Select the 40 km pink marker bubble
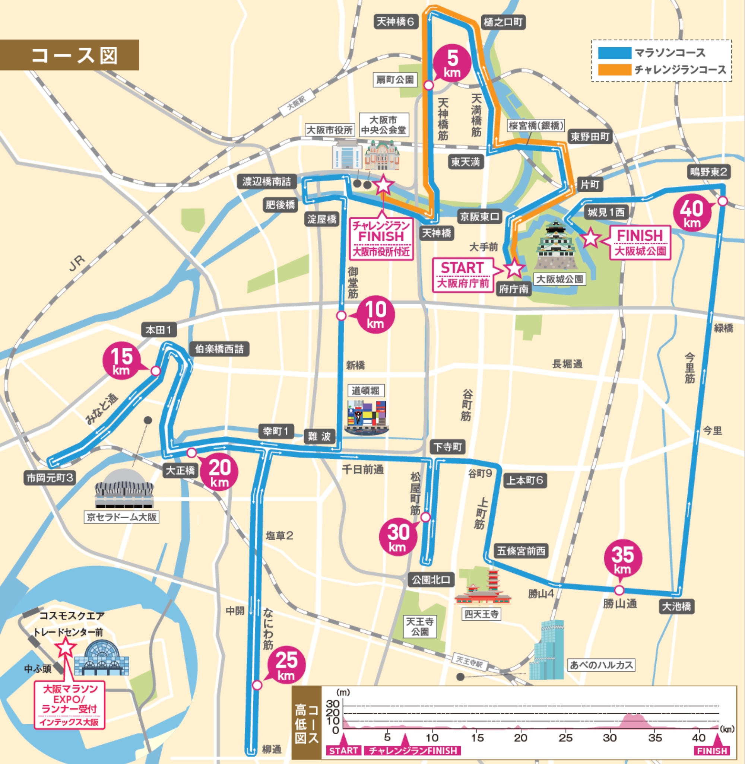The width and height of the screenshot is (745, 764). click(692, 213)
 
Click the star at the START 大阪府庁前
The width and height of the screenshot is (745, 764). click(514, 268)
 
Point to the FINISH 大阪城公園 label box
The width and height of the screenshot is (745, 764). click(640, 242)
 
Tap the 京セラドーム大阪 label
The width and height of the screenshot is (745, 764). click(122, 517)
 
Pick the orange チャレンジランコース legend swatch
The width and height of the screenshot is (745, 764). click(614, 70)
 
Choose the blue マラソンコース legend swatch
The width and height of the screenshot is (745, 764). click(614, 53)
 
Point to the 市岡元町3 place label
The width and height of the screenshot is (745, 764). click(50, 478)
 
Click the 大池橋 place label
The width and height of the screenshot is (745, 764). click(676, 607)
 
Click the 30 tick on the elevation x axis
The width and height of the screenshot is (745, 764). click(610, 738)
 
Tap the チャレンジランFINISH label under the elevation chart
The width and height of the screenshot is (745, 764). click(413, 751)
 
